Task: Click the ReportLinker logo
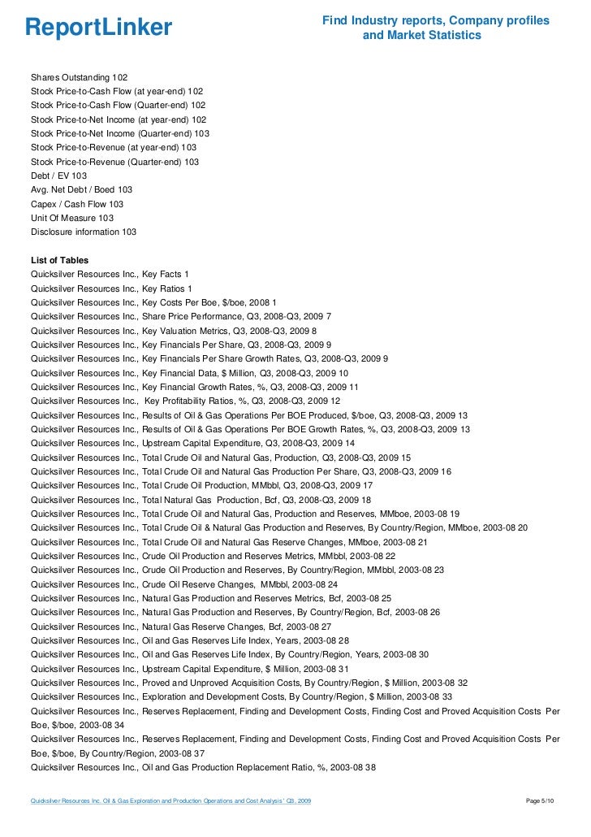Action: tap(99, 28)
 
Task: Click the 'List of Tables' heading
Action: tap(59, 260)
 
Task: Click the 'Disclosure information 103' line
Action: tap(84, 232)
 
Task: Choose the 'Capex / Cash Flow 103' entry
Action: tap(77, 204)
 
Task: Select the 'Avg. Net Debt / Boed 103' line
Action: tap(81, 189)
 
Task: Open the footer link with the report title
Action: tap(170, 803)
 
